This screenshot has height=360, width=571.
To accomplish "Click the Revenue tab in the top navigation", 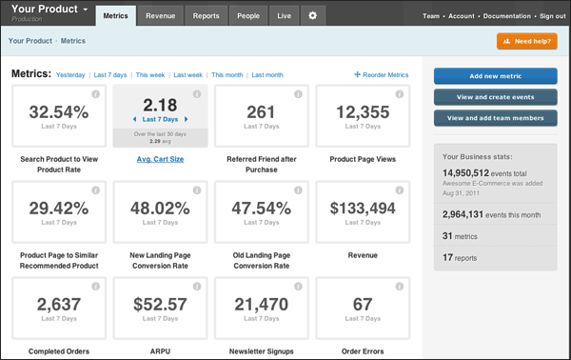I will (160, 16).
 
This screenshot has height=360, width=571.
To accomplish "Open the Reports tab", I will (206, 16).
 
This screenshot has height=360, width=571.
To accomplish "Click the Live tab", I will (285, 16).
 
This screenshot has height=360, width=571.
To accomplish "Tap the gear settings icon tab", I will (313, 16).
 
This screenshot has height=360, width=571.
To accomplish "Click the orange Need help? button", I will (527, 42).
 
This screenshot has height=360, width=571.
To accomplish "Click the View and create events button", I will (495, 96).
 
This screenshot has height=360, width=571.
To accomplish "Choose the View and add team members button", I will (495, 117).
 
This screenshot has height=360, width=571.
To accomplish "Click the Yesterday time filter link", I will (69, 74).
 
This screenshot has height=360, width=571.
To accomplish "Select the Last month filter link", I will (267, 74).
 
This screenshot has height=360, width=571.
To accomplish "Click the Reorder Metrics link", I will (381, 74).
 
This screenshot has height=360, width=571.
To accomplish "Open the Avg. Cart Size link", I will (160, 158).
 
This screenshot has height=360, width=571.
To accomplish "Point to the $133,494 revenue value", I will (362, 209).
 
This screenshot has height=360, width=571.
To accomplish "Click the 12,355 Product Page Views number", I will (362, 111).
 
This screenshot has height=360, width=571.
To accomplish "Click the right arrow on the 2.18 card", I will (187, 119).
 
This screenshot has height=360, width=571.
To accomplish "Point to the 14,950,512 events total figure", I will (474, 171).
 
